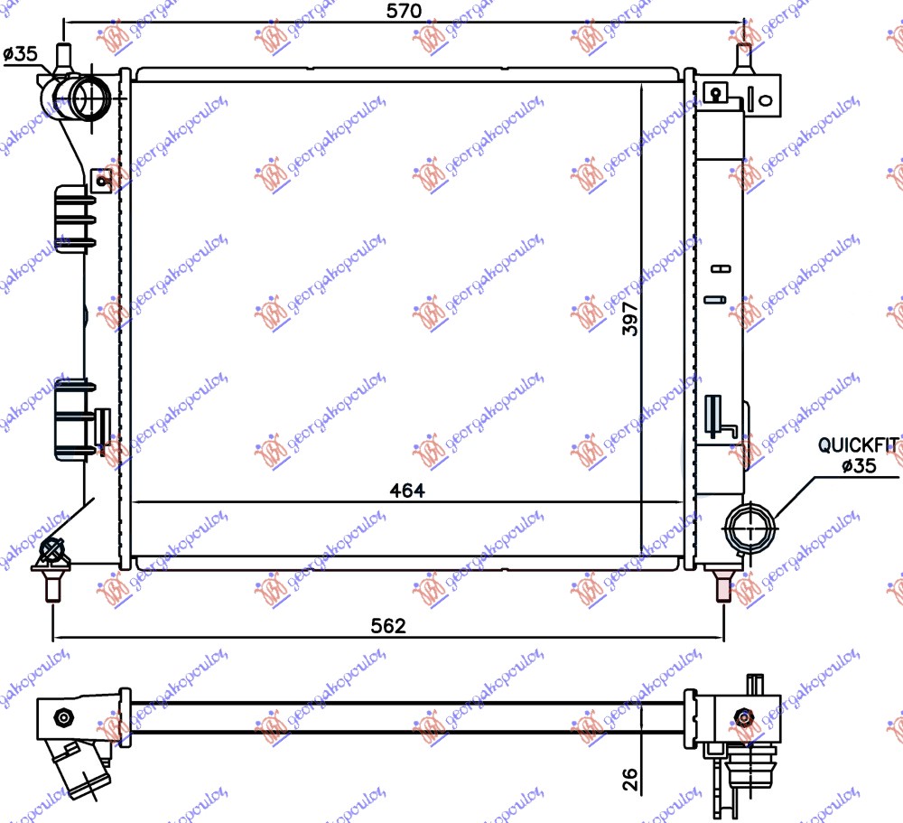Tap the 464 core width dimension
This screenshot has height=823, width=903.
[406, 491]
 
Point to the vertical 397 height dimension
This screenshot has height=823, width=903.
[630, 319]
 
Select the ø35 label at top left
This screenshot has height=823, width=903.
[20, 54]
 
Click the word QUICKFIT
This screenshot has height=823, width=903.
[858, 444]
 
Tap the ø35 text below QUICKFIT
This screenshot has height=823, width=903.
[858, 467]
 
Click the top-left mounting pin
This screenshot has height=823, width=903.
[63, 57]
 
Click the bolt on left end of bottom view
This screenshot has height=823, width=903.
[62, 717]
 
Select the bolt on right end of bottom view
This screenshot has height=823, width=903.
[744, 717]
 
